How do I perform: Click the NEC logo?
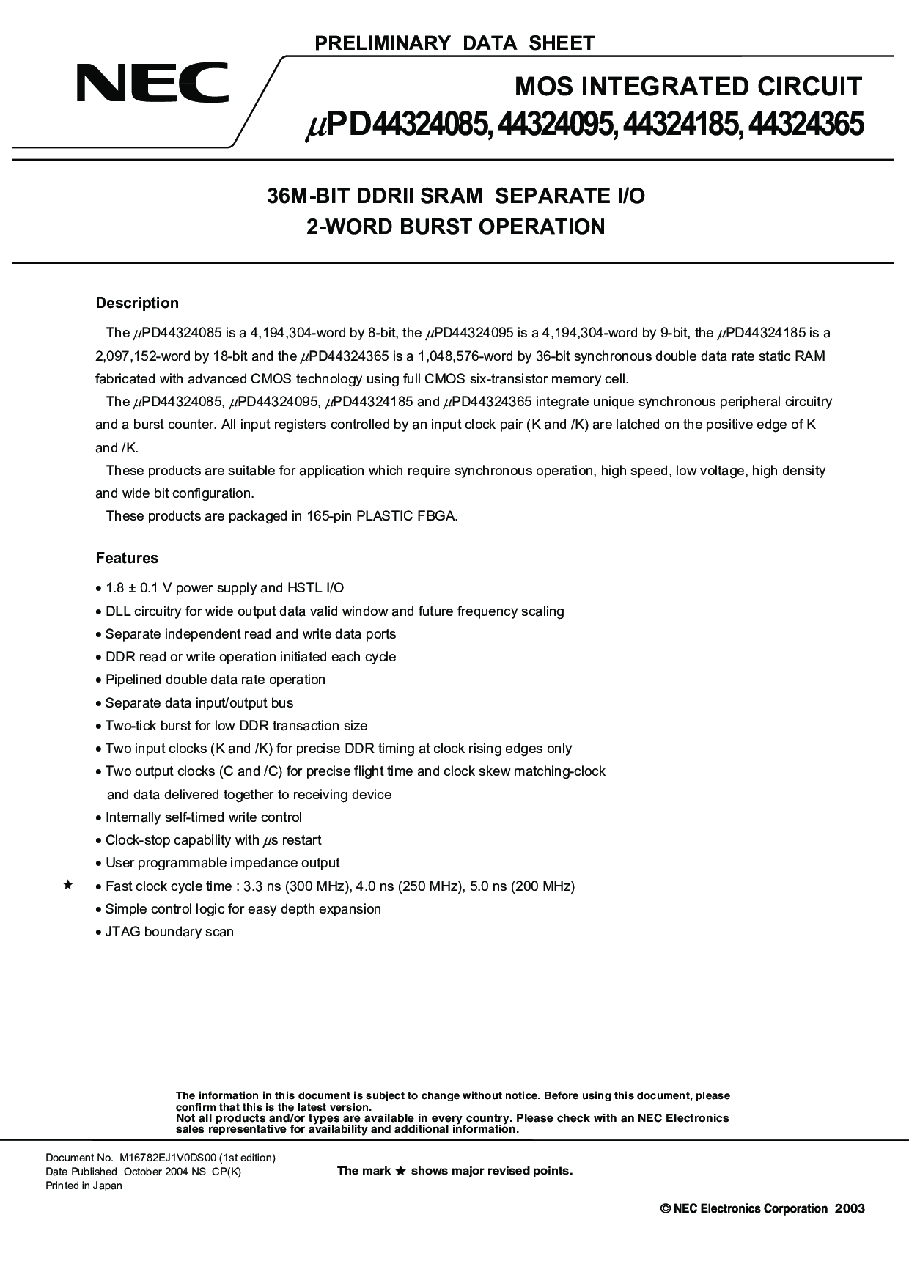click(152, 83)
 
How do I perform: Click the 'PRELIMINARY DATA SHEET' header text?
click(454, 43)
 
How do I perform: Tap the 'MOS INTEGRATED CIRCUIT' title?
click(688, 87)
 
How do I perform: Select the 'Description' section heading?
click(137, 303)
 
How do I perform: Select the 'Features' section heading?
click(127, 558)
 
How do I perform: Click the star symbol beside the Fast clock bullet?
click(67, 886)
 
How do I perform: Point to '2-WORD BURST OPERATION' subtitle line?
click(455, 227)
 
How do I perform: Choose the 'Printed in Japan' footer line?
click(84, 1186)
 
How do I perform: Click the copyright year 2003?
click(850, 1208)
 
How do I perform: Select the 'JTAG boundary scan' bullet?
click(169, 932)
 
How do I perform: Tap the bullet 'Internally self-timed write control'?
click(203, 817)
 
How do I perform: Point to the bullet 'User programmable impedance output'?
click(222, 863)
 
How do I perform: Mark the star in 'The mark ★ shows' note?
click(400, 1172)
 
